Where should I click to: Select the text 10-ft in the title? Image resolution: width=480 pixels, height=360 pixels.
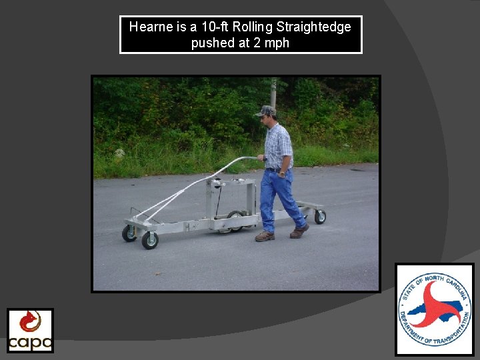[x=215, y=27]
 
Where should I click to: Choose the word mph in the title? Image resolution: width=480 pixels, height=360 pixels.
[x=277, y=44]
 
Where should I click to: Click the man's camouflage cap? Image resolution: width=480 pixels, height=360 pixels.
[x=267, y=111]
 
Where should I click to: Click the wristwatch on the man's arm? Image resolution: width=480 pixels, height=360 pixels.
[x=283, y=173]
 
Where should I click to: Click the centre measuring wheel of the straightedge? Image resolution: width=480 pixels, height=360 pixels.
[x=234, y=221]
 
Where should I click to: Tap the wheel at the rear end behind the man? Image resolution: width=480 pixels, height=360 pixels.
[x=320, y=217]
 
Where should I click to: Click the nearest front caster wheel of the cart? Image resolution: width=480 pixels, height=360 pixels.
[x=149, y=240]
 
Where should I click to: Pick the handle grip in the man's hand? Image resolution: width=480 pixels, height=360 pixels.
[x=262, y=158]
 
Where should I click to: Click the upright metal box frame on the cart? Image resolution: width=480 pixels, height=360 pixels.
[x=231, y=197]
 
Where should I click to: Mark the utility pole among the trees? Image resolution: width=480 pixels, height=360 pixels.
[x=273, y=93]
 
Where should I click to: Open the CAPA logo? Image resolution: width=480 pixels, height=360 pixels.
[x=30, y=330]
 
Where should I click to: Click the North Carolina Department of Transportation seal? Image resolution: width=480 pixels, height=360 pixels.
[x=434, y=309]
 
